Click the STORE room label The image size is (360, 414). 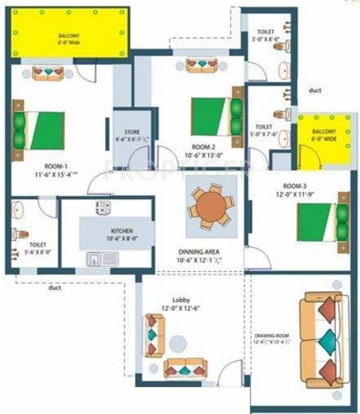coord(132,132)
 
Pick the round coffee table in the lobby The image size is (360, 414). coord(178,343)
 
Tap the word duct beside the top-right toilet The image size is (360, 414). coord(315,91)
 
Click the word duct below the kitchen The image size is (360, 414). coord(55,288)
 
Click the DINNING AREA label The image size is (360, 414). coord(199,251)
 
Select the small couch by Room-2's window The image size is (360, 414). coord(202,65)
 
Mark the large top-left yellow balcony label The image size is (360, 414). coord(70,38)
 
